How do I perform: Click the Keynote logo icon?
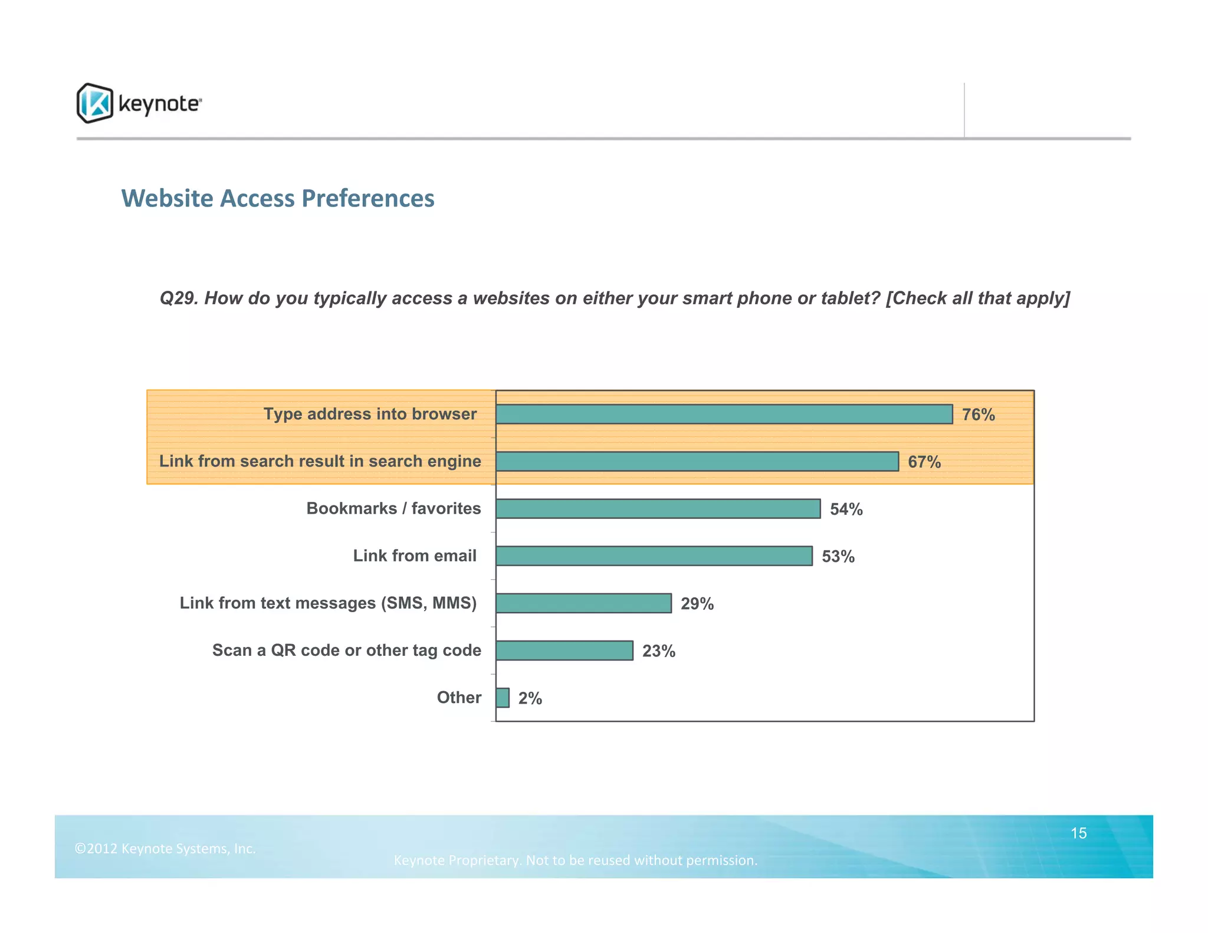click(x=94, y=103)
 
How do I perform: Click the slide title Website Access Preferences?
click(x=278, y=198)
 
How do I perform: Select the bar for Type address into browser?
click(x=724, y=414)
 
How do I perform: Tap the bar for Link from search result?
click(x=697, y=461)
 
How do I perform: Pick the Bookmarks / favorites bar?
click(x=658, y=508)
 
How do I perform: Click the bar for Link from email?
click(x=654, y=556)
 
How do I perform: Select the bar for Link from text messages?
click(x=583, y=603)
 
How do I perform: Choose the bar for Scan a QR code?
click(x=564, y=651)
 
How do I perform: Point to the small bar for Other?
click(x=503, y=698)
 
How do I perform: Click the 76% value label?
click(x=978, y=415)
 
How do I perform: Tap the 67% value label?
click(x=924, y=462)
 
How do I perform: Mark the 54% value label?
click(x=846, y=509)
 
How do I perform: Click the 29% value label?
click(x=697, y=603)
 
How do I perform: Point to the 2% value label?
click(x=530, y=698)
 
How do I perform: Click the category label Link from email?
click(x=414, y=556)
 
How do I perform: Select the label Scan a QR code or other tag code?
click(x=346, y=650)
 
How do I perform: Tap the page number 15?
click(x=1078, y=833)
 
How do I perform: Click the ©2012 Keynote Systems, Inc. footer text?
click(x=165, y=849)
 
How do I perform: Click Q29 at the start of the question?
click(x=179, y=298)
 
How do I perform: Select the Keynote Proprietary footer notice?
click(x=575, y=860)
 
